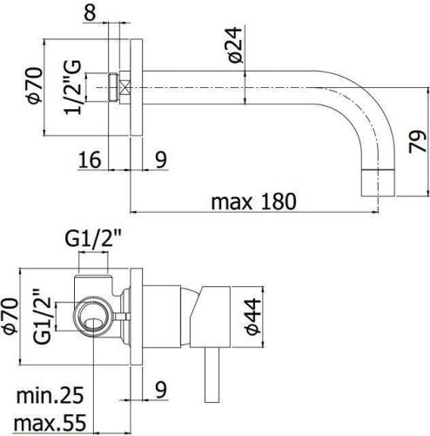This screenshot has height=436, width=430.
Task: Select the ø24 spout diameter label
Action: [225, 43]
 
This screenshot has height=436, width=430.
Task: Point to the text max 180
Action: [253, 201]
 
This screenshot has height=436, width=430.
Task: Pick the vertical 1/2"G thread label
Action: [79, 87]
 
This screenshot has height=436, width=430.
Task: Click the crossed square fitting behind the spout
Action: [125, 87]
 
